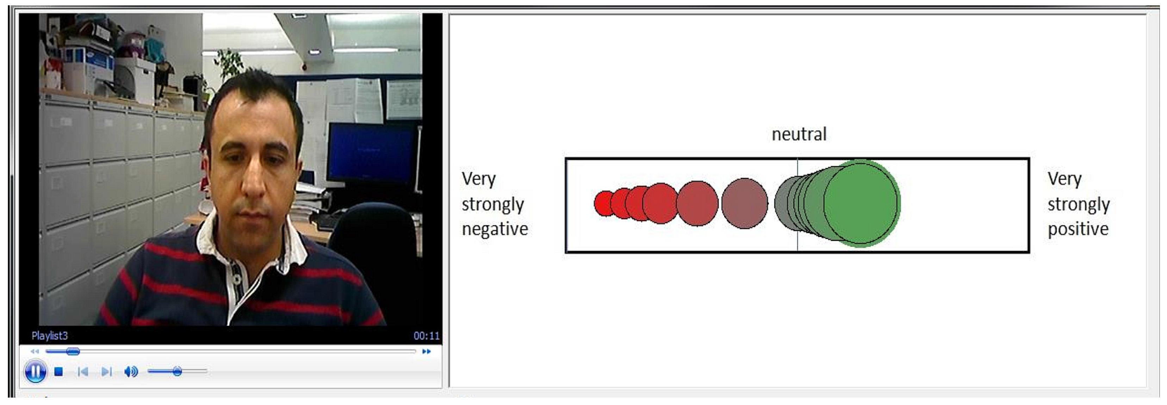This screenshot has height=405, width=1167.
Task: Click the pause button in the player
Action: point(35,372)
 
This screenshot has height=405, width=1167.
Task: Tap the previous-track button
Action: point(82,372)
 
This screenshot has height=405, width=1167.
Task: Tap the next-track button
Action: point(106,372)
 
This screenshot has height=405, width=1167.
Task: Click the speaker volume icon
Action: point(131,372)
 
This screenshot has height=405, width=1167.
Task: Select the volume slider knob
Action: point(177,372)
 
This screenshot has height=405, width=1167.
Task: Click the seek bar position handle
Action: point(73,351)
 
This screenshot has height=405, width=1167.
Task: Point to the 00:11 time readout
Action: point(426,336)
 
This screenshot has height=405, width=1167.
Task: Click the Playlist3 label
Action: point(49,336)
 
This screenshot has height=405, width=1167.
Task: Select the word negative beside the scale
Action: point(495,229)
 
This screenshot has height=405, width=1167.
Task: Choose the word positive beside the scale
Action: point(1078,229)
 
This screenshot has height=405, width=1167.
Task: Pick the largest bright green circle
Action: point(861,204)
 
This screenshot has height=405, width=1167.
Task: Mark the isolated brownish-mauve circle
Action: point(744,204)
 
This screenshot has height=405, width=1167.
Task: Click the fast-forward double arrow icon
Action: point(426,351)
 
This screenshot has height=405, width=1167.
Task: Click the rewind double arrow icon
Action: point(35,351)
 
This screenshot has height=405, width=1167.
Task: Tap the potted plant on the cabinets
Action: point(229,63)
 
